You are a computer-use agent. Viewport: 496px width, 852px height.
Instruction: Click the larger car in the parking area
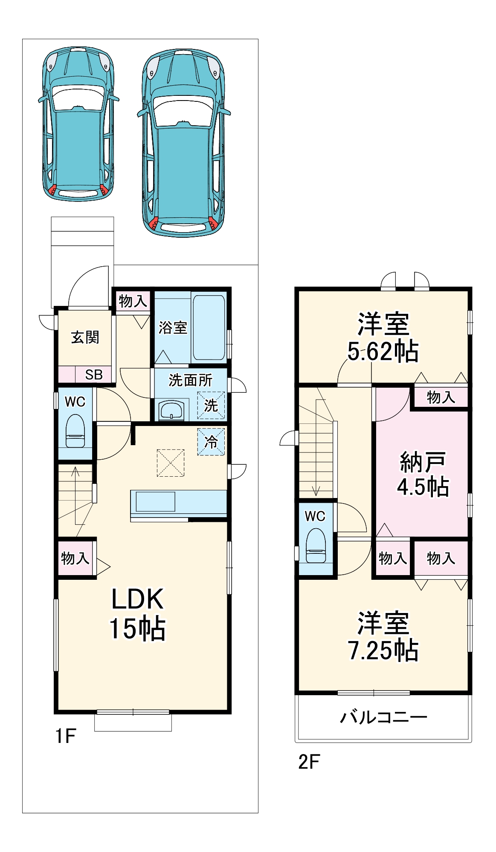[x=183, y=143]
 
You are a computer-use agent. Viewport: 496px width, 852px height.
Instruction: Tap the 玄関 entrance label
[x=85, y=337]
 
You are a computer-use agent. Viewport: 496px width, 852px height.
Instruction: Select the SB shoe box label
[x=93, y=375]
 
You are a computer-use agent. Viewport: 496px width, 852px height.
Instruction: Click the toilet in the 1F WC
[x=75, y=431]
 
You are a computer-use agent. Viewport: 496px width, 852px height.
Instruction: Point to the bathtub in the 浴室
[x=209, y=327]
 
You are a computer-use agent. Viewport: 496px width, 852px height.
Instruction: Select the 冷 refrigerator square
[x=211, y=442]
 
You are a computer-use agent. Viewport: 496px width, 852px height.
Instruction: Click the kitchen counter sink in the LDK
[x=155, y=502]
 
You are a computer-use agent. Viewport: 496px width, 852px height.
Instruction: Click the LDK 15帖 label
[x=137, y=613]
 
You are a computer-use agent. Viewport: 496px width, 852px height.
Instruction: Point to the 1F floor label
[x=66, y=736]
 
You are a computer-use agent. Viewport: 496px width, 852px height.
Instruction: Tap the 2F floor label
[x=309, y=762]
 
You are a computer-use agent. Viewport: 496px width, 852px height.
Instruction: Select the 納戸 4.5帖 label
[x=422, y=474]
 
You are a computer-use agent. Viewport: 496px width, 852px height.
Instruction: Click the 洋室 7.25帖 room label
[x=383, y=636]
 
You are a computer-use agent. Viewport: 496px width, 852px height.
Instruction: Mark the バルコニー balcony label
[x=383, y=717]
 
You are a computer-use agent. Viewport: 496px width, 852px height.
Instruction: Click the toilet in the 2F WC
[x=316, y=546]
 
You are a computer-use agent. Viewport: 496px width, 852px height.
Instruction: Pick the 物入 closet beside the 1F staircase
[x=75, y=558]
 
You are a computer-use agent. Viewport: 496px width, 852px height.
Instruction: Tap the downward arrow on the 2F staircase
[x=316, y=490]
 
